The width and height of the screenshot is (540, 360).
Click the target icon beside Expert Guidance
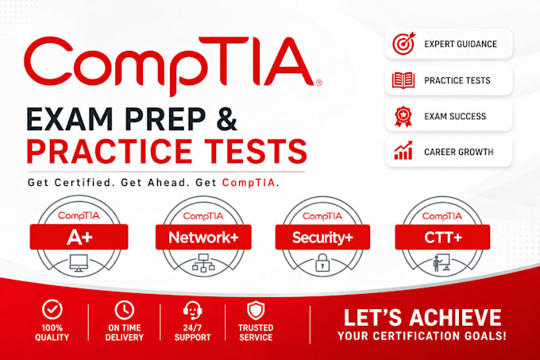pos(403,44)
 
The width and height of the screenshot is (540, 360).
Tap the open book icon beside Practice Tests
pos(403,80)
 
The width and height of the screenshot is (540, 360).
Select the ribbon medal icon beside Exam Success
pos(403,117)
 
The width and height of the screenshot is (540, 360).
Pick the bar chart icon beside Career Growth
pos(403,150)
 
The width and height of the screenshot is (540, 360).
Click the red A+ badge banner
pos(79,237)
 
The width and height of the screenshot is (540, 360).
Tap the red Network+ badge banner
pos(203,237)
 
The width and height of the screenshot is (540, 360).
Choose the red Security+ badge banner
pos(322,237)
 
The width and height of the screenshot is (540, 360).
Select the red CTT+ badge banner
pos(442,237)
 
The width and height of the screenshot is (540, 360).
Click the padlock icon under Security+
pos(322,262)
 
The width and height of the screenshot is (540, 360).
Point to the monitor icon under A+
pos(79,263)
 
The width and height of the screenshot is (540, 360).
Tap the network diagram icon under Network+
pos(203,263)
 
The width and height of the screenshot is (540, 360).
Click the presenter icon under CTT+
pos(442,263)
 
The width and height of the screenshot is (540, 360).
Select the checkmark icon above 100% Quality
pos(52,309)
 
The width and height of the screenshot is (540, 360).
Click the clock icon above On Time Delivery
pos(125,310)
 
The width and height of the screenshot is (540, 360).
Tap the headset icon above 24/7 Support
pos(192,310)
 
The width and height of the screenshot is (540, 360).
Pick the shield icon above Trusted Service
pos(256,311)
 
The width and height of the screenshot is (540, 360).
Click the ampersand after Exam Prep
pos(226,119)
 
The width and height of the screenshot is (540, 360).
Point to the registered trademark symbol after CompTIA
pos(319,83)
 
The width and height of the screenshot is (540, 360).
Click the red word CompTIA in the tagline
pos(249,182)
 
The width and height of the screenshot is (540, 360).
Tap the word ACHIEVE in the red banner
pos(455,317)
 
